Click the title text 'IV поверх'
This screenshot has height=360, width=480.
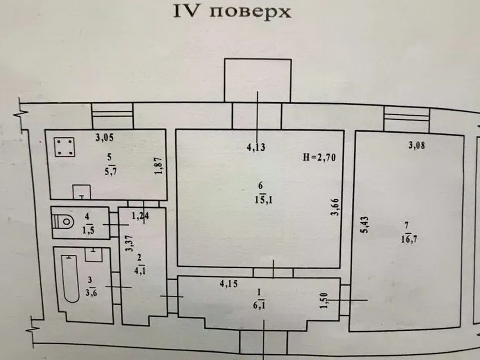tap(232, 12)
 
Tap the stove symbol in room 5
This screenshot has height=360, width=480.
tap(64, 147)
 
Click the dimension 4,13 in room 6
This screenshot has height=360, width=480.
tap(255, 148)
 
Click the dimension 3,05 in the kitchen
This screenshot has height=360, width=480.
tap(104, 139)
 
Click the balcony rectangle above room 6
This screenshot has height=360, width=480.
tap(258, 80)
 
